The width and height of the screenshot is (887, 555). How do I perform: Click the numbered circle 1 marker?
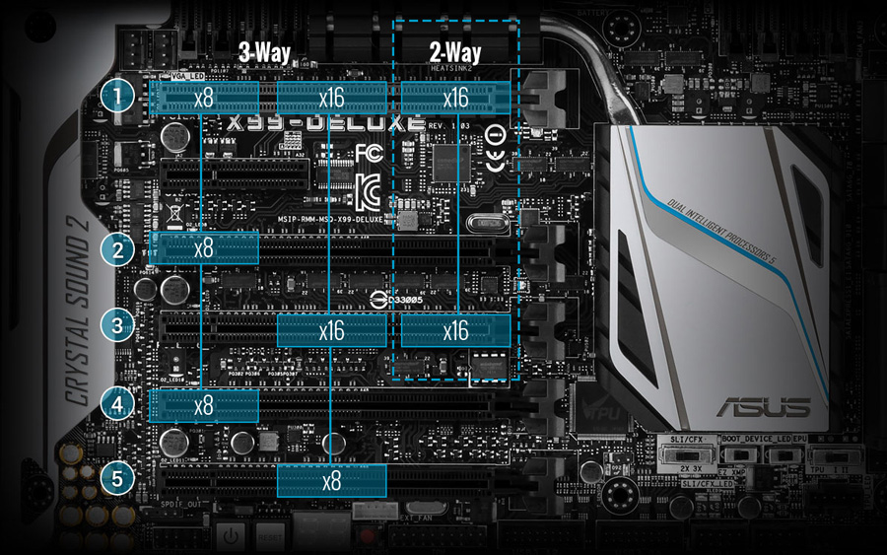click(x=118, y=97)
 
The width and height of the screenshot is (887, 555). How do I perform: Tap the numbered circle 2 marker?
click(x=118, y=248)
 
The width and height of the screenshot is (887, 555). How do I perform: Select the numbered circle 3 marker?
click(x=118, y=324)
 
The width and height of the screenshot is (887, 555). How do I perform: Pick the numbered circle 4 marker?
click(x=118, y=403)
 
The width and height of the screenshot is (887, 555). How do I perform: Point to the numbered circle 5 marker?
click(x=118, y=480)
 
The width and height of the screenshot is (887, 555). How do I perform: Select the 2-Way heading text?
click(x=455, y=52)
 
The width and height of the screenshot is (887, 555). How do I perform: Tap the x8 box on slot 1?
click(x=204, y=98)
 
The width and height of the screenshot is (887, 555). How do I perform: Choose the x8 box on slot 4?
click(x=204, y=404)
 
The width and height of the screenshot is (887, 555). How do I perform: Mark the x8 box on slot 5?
click(x=332, y=481)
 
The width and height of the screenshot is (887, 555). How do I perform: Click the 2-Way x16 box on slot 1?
click(x=455, y=98)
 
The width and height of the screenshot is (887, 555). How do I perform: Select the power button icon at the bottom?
click(x=229, y=538)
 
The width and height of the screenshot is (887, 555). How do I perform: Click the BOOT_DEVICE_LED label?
click(x=757, y=438)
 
